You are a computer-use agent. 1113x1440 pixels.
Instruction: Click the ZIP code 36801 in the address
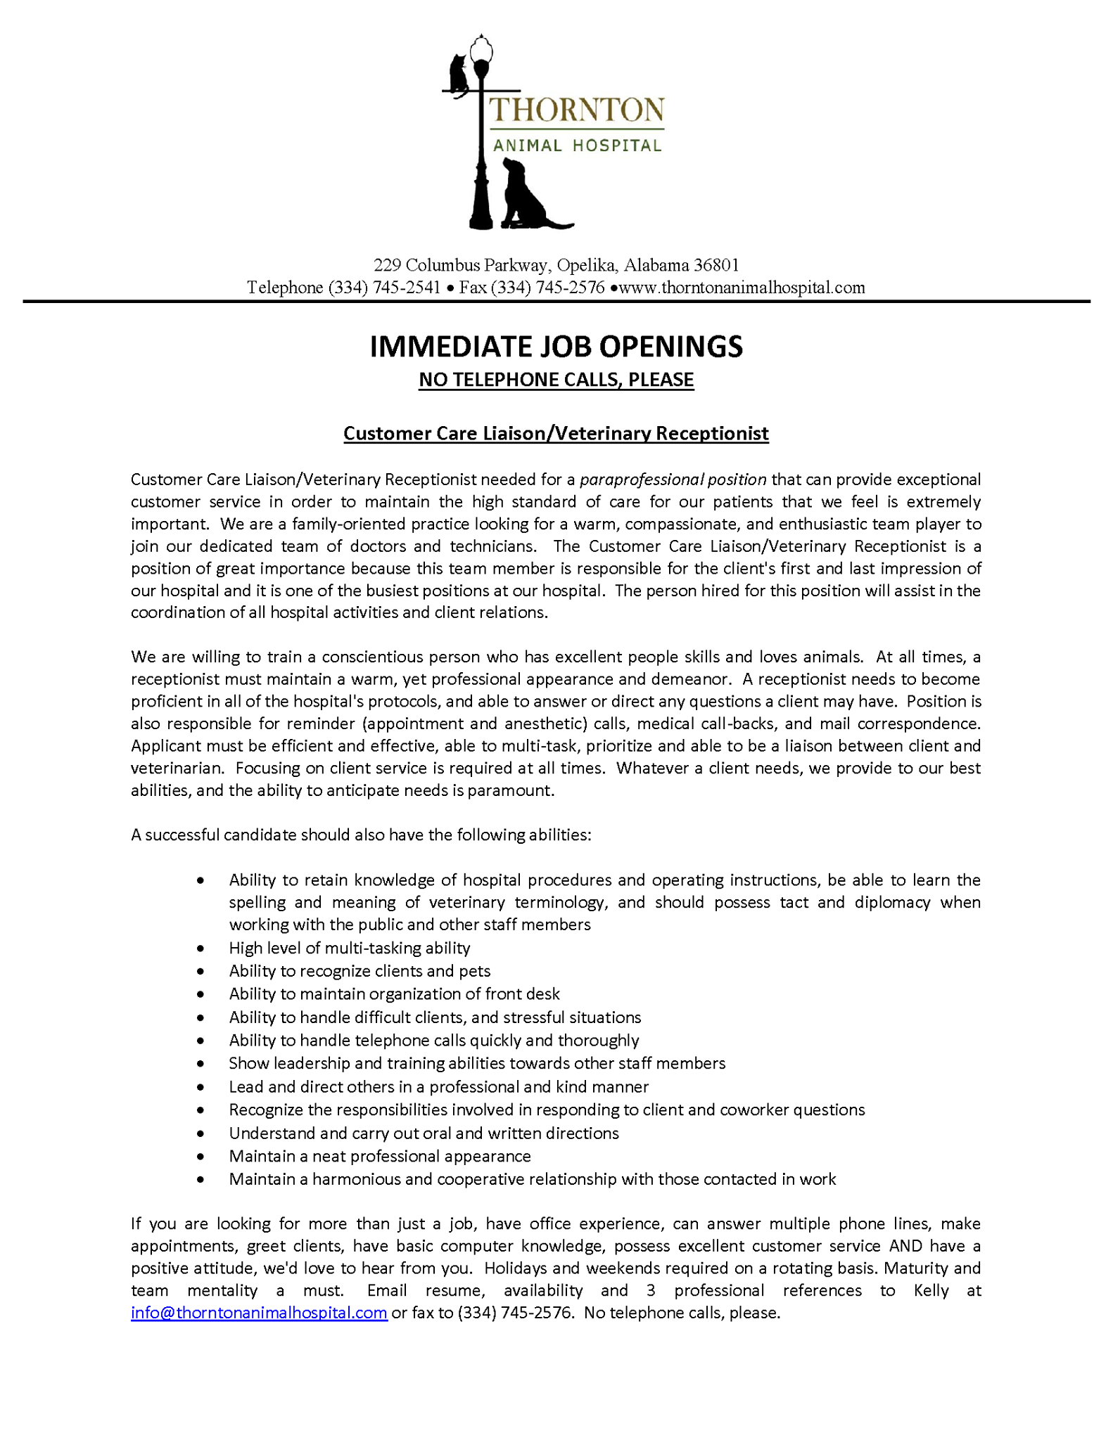coord(716,265)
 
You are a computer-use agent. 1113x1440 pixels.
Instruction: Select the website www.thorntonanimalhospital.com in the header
coord(742,288)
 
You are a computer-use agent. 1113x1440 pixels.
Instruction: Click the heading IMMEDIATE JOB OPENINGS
coord(556,347)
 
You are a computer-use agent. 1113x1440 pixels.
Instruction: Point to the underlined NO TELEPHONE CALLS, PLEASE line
coord(556,380)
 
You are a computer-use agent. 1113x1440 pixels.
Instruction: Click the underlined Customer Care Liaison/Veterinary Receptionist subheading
coord(556,433)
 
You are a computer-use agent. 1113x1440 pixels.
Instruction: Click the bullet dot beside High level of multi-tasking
coord(201,949)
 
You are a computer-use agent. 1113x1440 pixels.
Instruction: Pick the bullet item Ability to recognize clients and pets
coord(360,971)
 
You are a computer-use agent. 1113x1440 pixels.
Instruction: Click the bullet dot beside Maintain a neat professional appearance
coord(201,1157)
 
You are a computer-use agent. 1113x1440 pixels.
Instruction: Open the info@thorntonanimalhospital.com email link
coord(259,1313)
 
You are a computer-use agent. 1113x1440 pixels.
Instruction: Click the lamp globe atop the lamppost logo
coord(482,50)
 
